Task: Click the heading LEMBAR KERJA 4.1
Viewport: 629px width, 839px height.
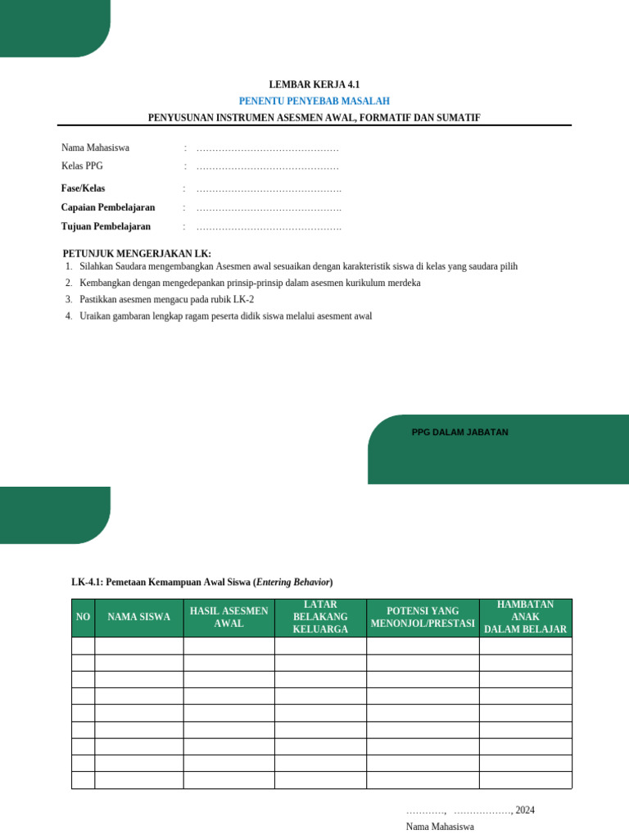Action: coord(314,84)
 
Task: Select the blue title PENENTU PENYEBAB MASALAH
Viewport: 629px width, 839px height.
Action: coord(314,101)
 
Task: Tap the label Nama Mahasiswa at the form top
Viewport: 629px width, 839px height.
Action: coord(95,148)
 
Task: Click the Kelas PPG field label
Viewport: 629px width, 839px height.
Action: coord(82,166)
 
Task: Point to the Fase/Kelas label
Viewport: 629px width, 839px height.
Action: coord(83,188)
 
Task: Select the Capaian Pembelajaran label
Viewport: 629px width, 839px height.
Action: coord(107,207)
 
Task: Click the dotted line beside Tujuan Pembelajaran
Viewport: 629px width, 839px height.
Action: coord(269,227)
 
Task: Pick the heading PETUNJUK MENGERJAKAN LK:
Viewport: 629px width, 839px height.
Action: coord(137,253)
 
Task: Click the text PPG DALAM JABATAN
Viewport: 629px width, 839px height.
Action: coord(459,432)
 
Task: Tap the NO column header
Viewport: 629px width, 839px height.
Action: coord(83,618)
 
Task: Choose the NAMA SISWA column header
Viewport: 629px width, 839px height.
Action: coord(138,618)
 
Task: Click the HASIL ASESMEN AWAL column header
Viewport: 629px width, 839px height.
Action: coord(229,618)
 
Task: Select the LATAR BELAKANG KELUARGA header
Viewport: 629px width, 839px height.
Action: coord(320,618)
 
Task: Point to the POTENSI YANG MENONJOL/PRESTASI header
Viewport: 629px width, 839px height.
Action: coord(423,618)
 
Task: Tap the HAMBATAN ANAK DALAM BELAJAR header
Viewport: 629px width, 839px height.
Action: coord(525,618)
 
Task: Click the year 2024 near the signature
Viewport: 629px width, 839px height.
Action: coord(525,810)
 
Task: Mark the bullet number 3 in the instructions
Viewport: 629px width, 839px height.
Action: coord(69,300)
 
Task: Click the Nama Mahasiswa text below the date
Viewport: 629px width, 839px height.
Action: coord(440,827)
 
